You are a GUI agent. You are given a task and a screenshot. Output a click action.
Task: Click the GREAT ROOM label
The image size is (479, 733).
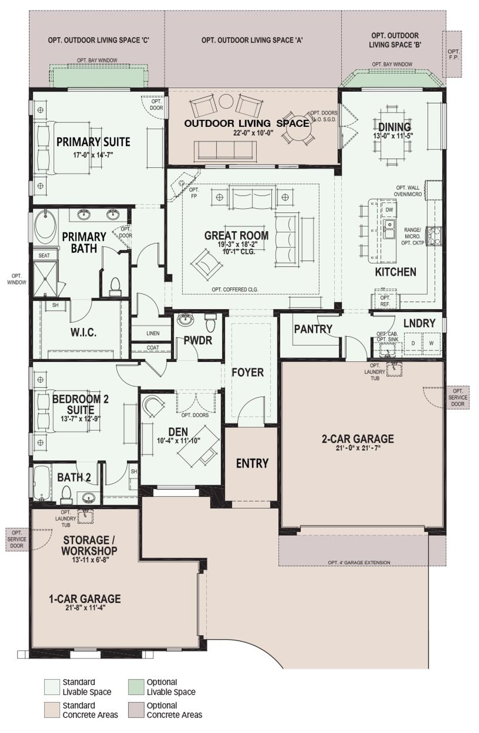coord(236,235)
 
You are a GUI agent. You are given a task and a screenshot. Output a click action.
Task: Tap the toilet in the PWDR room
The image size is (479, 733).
coord(211,323)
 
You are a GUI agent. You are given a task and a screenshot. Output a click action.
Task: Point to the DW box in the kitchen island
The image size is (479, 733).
coord(389,210)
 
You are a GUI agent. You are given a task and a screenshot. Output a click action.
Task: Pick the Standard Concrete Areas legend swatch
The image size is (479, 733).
coord(52,710)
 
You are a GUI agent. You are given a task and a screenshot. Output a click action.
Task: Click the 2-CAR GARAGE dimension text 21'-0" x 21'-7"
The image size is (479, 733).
coord(358,449)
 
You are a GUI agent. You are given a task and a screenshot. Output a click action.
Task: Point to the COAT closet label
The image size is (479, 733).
coord(153,348)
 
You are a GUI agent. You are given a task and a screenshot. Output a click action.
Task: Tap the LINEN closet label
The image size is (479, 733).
coord(153,333)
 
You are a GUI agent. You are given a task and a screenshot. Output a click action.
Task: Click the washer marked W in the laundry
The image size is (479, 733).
coord(431,343)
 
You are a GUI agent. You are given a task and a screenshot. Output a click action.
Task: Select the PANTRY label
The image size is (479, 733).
coord(313,329)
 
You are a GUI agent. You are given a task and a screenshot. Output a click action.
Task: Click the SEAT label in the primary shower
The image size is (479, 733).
coord(44,256)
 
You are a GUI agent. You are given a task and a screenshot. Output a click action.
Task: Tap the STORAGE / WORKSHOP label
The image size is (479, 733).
coord(89,545)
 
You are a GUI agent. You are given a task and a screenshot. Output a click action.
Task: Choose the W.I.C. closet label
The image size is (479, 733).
coord(83,332)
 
